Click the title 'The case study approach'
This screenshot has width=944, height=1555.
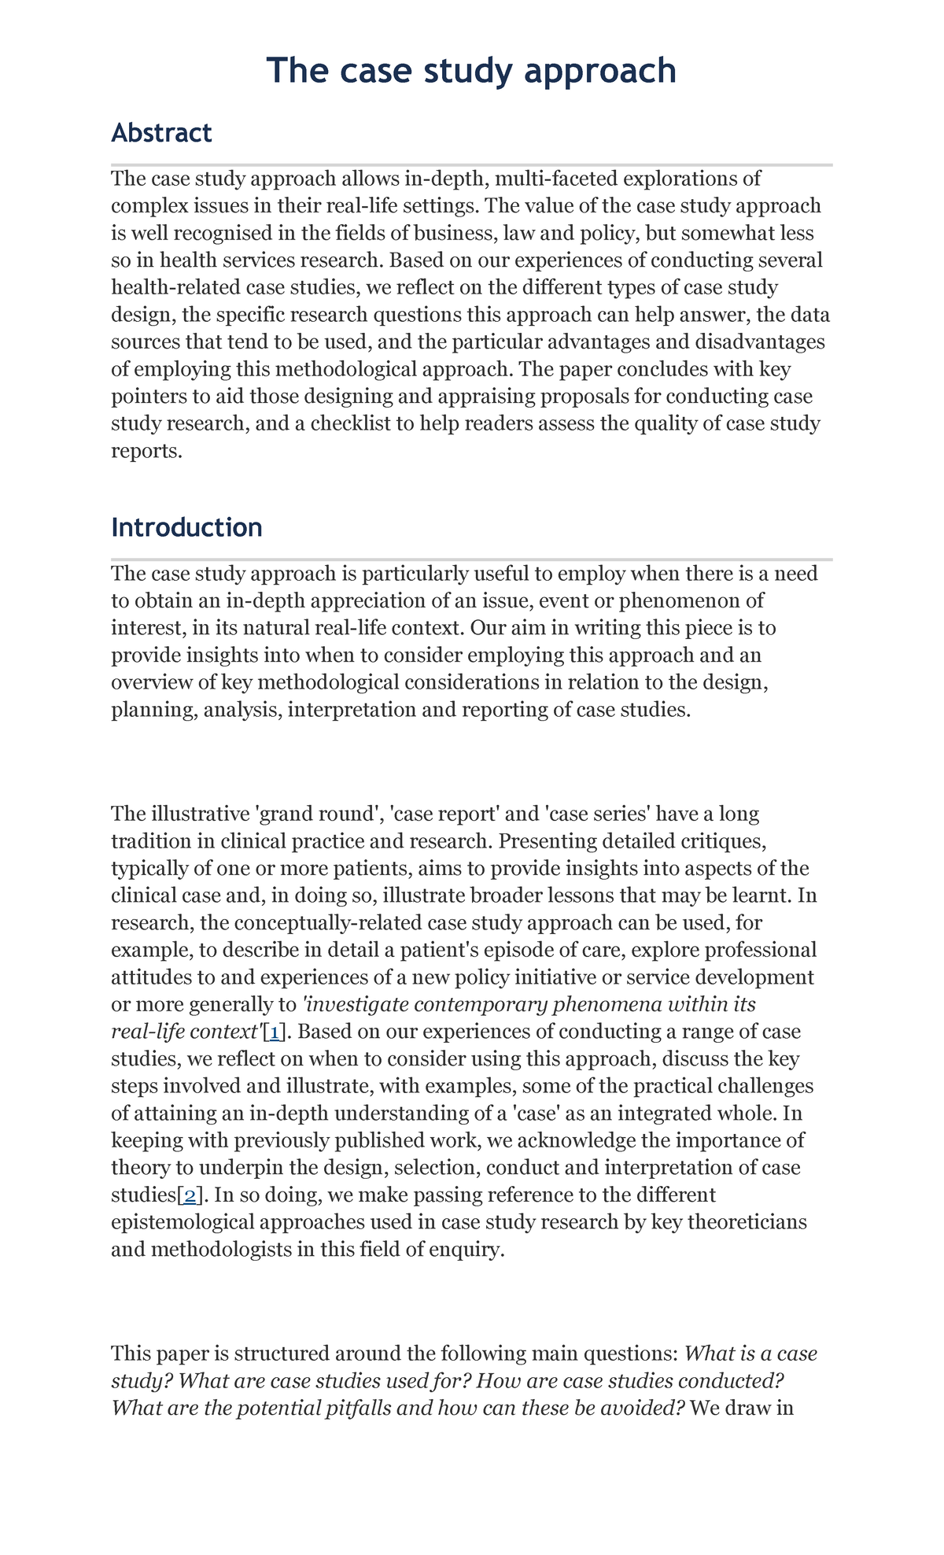471,71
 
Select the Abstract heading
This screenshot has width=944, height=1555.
161,133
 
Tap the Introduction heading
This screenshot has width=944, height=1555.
186,527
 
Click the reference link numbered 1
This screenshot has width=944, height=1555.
275,1032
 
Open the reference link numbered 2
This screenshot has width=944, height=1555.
190,1195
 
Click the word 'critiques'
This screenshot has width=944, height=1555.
716,841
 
